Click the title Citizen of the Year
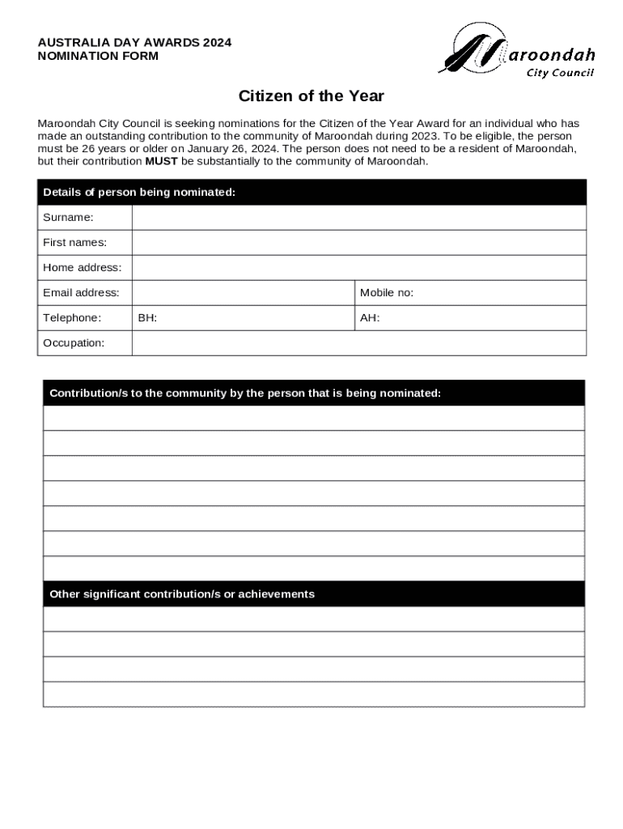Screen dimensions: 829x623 coord(311,96)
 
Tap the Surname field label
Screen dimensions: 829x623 coord(68,217)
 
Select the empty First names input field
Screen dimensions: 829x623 coord(358,242)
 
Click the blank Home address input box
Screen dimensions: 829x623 coord(358,267)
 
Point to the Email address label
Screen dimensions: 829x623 coord(81,292)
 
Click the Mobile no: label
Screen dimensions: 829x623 coord(387,292)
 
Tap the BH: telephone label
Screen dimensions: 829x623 coord(147,318)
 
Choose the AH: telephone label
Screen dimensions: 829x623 coord(370,318)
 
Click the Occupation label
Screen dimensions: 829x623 coord(74,343)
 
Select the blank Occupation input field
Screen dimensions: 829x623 coord(358,343)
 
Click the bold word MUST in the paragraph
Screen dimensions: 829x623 coord(161,161)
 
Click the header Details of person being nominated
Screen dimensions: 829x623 coord(139,192)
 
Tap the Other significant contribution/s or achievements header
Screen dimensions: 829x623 coord(182,594)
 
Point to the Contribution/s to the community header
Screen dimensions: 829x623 coord(245,393)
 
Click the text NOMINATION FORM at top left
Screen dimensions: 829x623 coord(98,57)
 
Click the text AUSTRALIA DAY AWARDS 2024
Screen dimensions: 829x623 coord(134,43)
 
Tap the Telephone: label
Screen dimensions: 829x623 coord(72,318)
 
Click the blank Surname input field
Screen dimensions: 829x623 coord(358,217)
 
